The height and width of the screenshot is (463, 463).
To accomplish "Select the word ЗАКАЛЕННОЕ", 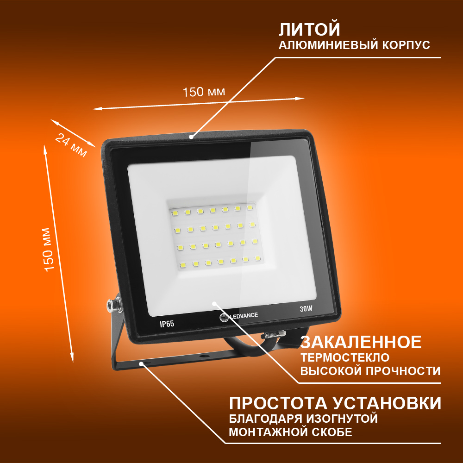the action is click(361, 342).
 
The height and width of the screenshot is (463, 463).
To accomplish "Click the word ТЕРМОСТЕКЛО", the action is click(345, 357).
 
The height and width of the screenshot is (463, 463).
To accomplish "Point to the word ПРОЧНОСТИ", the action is click(403, 371).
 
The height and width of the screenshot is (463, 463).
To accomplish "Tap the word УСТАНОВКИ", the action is click(388, 403).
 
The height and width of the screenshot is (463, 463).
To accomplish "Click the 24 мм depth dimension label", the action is click(71, 145).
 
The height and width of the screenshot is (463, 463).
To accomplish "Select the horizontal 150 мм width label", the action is click(204, 92).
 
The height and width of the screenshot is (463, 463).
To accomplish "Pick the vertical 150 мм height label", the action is click(49, 249).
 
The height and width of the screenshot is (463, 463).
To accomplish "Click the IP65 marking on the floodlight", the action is click(167, 324).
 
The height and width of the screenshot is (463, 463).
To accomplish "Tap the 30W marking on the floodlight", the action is click(306, 309).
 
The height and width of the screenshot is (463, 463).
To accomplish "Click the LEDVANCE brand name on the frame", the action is click(244, 315).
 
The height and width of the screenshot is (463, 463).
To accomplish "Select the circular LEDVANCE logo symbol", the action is click(224, 318).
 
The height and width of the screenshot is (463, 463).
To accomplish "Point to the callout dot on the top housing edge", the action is click(191, 137).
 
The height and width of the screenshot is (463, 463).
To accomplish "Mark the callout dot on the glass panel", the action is click(214, 303).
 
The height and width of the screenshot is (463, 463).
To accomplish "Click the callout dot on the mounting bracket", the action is click(141, 363).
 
